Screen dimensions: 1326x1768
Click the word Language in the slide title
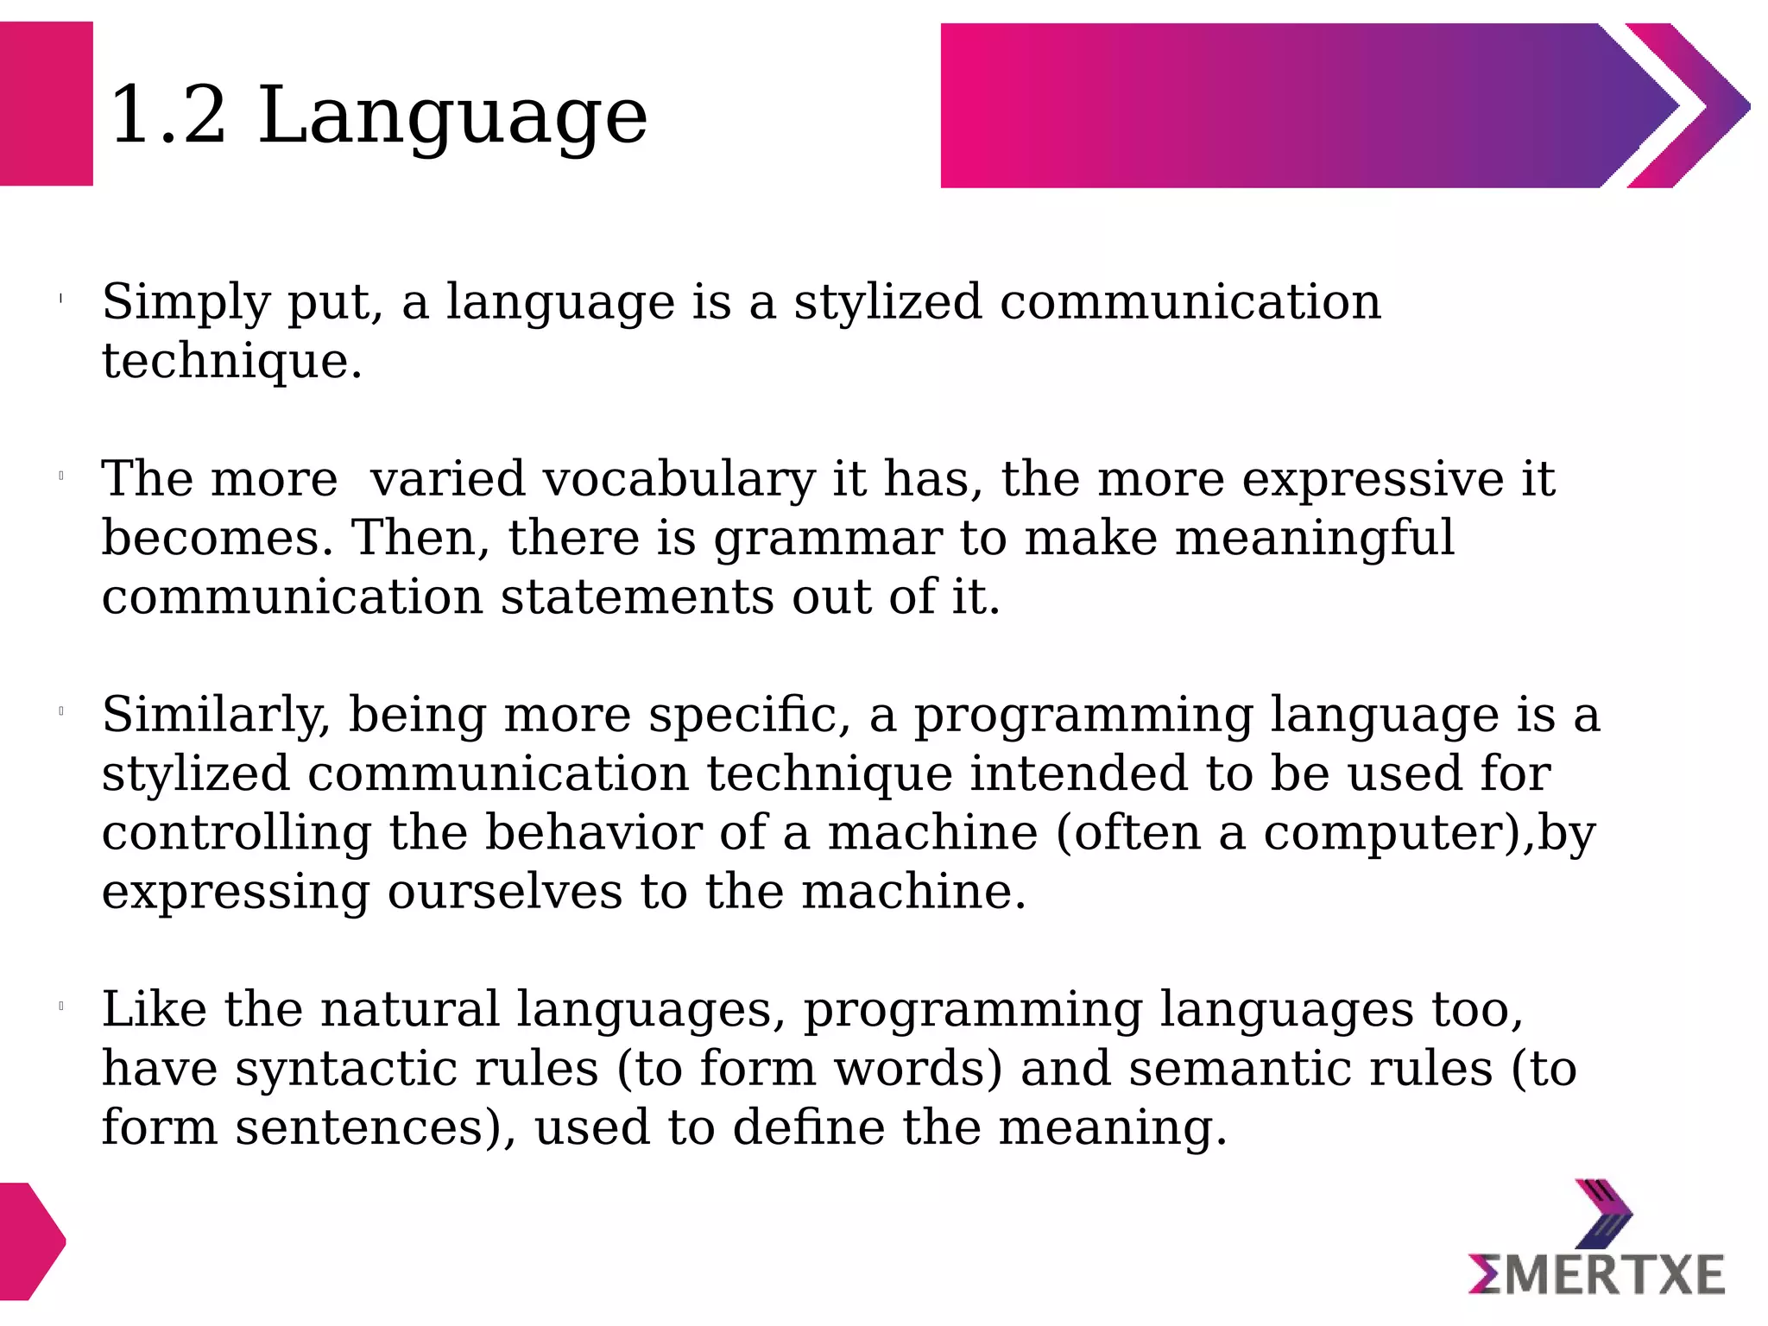coord(452,117)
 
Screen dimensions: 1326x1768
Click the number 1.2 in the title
coord(167,116)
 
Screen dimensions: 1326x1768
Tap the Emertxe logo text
coord(1596,1276)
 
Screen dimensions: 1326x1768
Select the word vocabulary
coord(679,480)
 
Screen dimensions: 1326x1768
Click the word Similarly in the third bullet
coord(216,717)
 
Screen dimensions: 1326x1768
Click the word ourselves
coord(504,893)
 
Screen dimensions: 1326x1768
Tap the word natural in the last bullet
coord(410,1010)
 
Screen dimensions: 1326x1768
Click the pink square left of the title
coord(46,104)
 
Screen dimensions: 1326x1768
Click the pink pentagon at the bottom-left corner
coord(30,1241)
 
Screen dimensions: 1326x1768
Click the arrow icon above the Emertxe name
coord(1602,1213)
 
